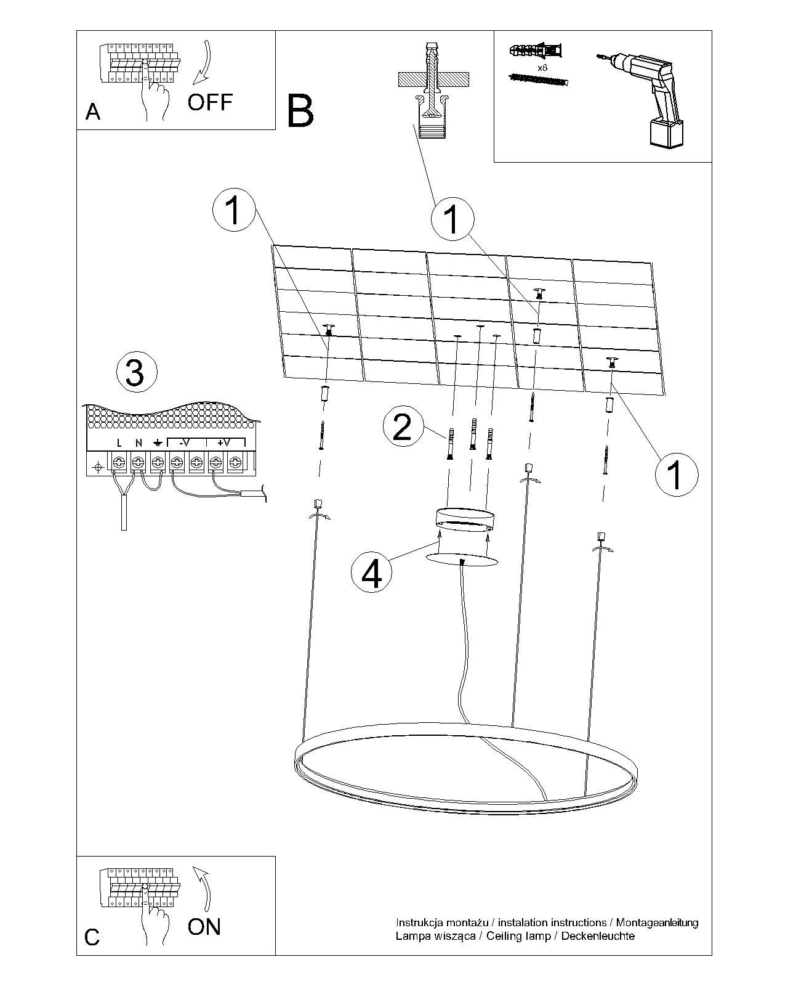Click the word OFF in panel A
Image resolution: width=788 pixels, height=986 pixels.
coord(210,102)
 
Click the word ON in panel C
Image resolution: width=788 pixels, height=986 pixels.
coord(204,926)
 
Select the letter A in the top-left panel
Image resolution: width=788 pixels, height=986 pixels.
coord(93,112)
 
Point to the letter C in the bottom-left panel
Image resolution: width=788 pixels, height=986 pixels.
coord(92,937)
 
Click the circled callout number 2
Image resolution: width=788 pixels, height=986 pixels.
coord(402,427)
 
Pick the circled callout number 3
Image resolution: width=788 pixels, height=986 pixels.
coord(136,372)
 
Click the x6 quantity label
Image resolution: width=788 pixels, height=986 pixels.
coord(542,68)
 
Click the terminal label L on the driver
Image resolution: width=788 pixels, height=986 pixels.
coord(119,442)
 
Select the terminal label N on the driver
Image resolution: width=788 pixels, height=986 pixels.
coord(139,442)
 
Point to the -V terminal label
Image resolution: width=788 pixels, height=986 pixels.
coord(185,442)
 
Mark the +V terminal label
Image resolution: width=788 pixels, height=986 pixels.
coord(223,442)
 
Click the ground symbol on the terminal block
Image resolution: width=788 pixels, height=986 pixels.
coord(158,442)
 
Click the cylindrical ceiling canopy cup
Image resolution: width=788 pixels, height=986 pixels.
coord(463,518)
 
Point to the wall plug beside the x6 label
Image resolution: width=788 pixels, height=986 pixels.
coord(537,49)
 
